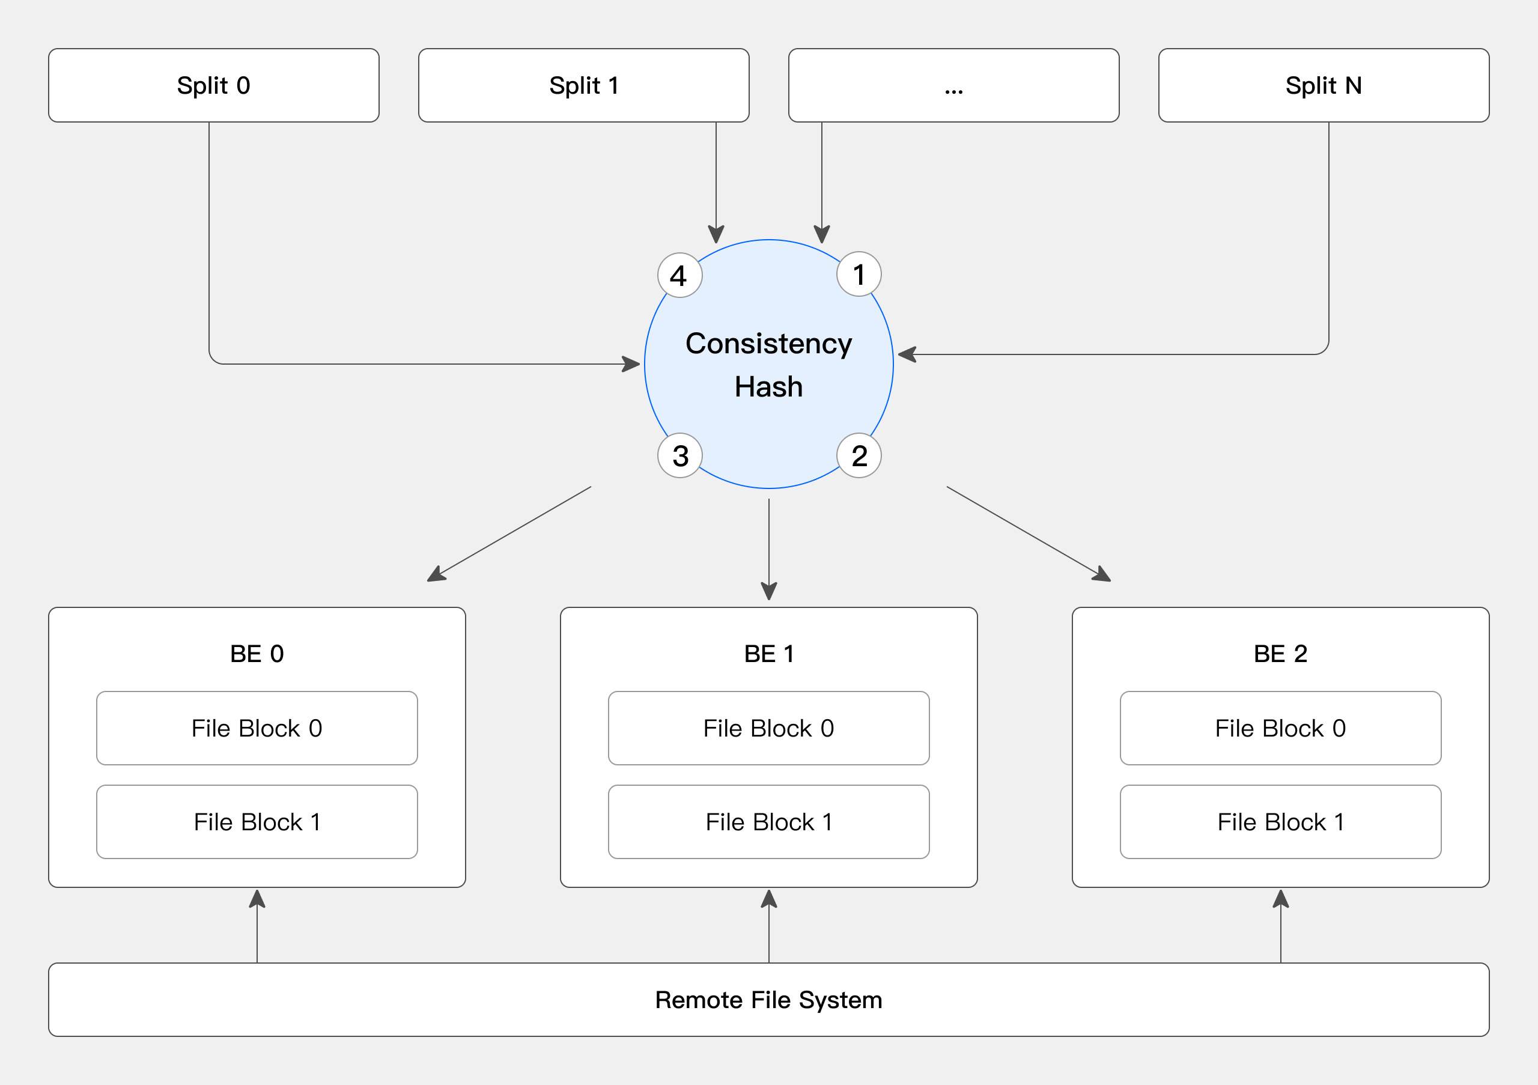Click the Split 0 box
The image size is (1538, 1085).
point(213,85)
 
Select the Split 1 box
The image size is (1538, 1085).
point(583,85)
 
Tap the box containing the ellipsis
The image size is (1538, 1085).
point(953,85)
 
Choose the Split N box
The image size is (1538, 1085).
point(1323,85)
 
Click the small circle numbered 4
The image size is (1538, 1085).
point(679,275)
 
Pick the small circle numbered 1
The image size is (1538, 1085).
point(859,274)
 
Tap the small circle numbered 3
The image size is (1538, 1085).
point(679,455)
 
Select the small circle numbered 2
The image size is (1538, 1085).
point(859,455)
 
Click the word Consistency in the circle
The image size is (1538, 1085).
point(768,344)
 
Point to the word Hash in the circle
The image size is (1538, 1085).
point(768,386)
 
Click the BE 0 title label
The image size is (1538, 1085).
point(257,653)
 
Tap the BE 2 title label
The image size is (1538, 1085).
point(1280,653)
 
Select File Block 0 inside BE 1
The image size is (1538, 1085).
point(768,728)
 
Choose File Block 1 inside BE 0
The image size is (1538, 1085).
point(257,822)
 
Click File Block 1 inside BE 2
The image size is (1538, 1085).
point(1280,822)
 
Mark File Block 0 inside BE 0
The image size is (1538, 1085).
point(257,728)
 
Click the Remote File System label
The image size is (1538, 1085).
point(768,1000)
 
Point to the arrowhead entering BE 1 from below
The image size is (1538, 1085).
point(768,899)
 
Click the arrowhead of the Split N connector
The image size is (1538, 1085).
point(907,354)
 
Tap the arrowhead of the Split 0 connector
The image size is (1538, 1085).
point(631,364)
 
